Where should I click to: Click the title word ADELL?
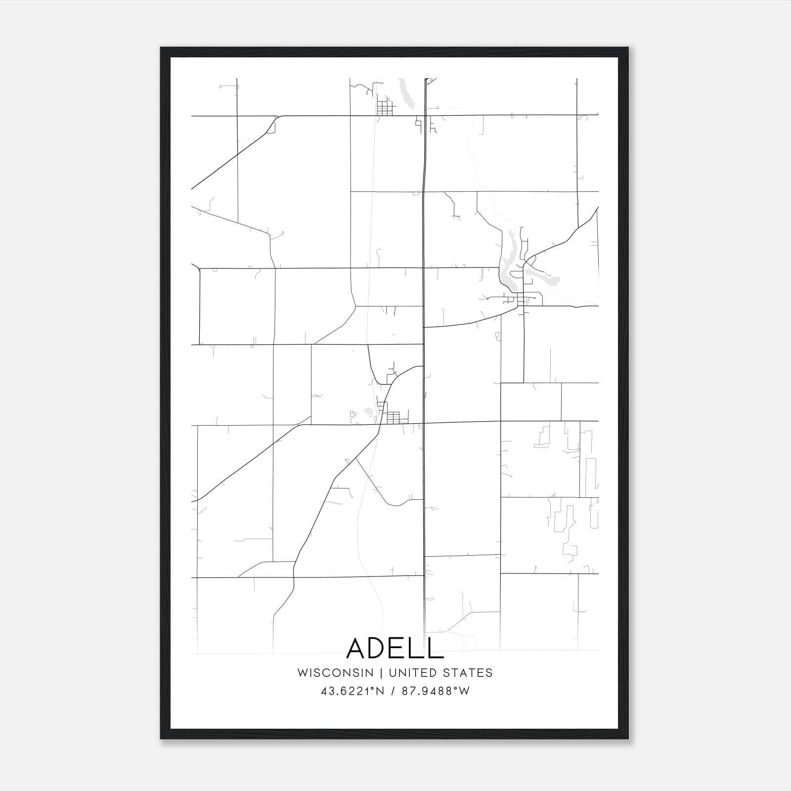pyautogui.click(x=395, y=648)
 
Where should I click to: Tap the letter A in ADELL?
pyautogui.click(x=357, y=648)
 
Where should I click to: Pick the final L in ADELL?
pyautogui.click(x=435, y=648)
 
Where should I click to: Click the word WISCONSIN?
pyautogui.click(x=335, y=673)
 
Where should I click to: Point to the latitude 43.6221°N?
pyautogui.click(x=352, y=691)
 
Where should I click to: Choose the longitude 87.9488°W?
pyautogui.click(x=436, y=691)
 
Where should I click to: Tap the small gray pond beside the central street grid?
pyautogui.click(x=368, y=411)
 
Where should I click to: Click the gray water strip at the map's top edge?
pyautogui.click(x=406, y=94)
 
